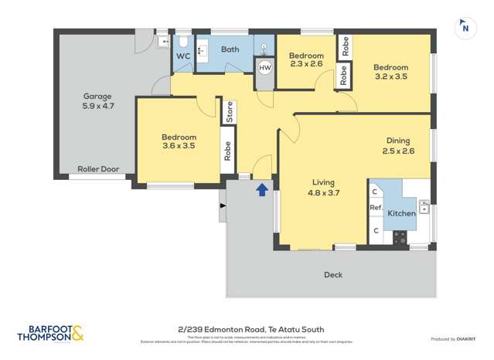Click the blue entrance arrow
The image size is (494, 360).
click(x=263, y=188)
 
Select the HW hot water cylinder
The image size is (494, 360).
click(x=265, y=68)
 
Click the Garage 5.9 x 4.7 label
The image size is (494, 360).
click(x=98, y=101)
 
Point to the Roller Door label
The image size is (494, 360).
click(x=97, y=168)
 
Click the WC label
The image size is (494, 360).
click(x=183, y=56)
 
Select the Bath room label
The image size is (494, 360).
click(x=230, y=49)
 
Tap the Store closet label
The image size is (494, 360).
click(x=229, y=113)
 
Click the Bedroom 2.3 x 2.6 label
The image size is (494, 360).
click(x=305, y=59)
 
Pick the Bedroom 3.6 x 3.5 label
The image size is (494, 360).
click(x=178, y=140)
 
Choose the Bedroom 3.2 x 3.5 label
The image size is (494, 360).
click(x=390, y=72)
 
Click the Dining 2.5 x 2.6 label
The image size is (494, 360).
click(x=398, y=145)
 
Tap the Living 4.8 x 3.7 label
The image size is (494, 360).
click(x=323, y=188)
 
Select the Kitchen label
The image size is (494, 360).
click(x=401, y=212)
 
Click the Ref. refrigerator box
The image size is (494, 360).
click(x=376, y=208)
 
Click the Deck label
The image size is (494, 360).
click(x=333, y=274)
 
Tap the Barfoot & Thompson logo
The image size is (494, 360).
click(x=50, y=334)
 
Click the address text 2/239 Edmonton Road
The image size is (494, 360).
click(x=247, y=329)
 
